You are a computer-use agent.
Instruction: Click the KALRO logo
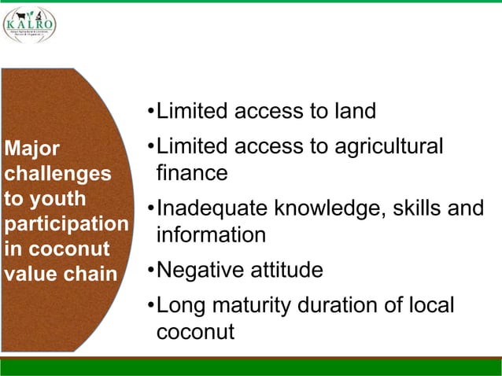[x=30, y=24]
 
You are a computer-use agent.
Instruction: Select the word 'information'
[x=211, y=234]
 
